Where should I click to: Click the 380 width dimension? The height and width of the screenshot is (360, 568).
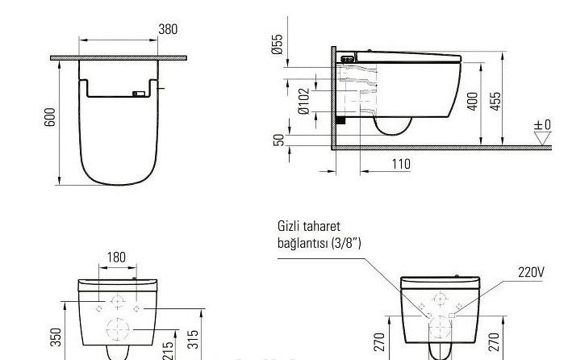pos(168,30)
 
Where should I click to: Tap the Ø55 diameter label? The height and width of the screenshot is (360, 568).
pos(278,44)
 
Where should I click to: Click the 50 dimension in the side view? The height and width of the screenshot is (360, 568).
pos(279,140)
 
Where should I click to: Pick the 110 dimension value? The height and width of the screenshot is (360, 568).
pos(400,165)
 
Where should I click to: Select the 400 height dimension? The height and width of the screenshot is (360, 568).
pos(473,101)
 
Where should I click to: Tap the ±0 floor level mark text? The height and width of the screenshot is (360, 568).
pos(542,125)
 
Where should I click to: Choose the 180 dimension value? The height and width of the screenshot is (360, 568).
pos(116,257)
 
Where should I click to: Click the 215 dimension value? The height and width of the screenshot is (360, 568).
pos(170,349)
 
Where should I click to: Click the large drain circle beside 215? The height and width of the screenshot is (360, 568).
pos(119,329)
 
